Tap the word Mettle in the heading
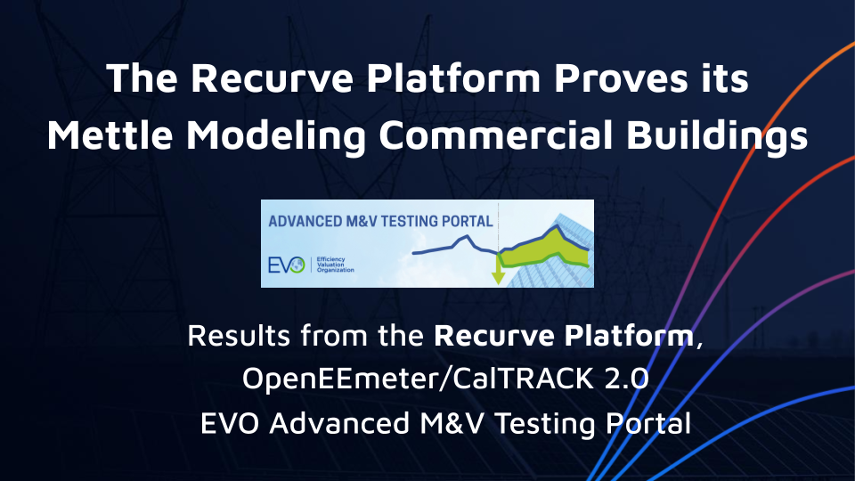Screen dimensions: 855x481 (x=110, y=135)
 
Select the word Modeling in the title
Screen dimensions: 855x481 (x=276, y=136)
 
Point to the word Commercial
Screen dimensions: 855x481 (x=496, y=135)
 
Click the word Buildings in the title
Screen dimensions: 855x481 (x=717, y=136)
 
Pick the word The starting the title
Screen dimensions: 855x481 (x=142, y=78)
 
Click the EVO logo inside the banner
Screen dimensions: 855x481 (x=286, y=265)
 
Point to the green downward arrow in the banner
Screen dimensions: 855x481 (x=498, y=270)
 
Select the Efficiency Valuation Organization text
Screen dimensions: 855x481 (x=335, y=265)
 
